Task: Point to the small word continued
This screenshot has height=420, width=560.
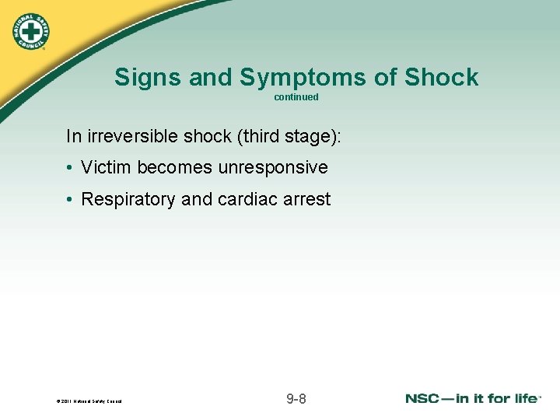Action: tap(296, 97)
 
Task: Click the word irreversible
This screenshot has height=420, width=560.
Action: tap(133, 136)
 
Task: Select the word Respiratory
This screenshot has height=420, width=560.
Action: tap(128, 199)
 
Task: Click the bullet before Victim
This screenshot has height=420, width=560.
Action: tap(70, 168)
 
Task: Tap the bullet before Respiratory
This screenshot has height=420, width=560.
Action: tap(70, 200)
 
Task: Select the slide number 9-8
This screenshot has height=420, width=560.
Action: tap(296, 399)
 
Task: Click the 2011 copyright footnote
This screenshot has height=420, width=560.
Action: tap(89, 401)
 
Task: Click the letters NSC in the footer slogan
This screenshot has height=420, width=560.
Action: tap(425, 399)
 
